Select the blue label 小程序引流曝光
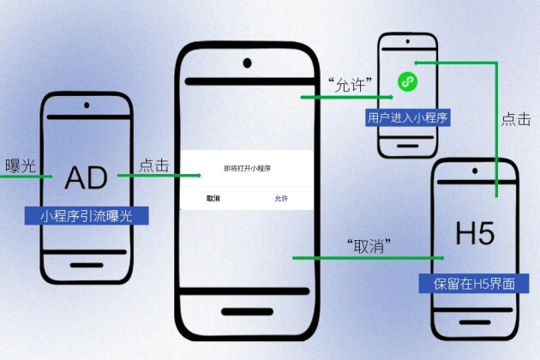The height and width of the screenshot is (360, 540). click(x=86, y=215)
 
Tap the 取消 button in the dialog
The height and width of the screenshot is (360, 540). click(x=213, y=198)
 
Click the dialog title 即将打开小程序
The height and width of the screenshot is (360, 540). click(x=247, y=169)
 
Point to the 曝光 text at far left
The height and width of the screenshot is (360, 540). click(x=20, y=165)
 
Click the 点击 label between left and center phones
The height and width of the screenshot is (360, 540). click(x=153, y=165)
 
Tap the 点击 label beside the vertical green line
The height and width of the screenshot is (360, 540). click(x=516, y=119)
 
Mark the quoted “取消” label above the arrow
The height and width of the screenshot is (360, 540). click(x=369, y=246)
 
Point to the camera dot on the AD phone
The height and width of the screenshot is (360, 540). click(x=87, y=106)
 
